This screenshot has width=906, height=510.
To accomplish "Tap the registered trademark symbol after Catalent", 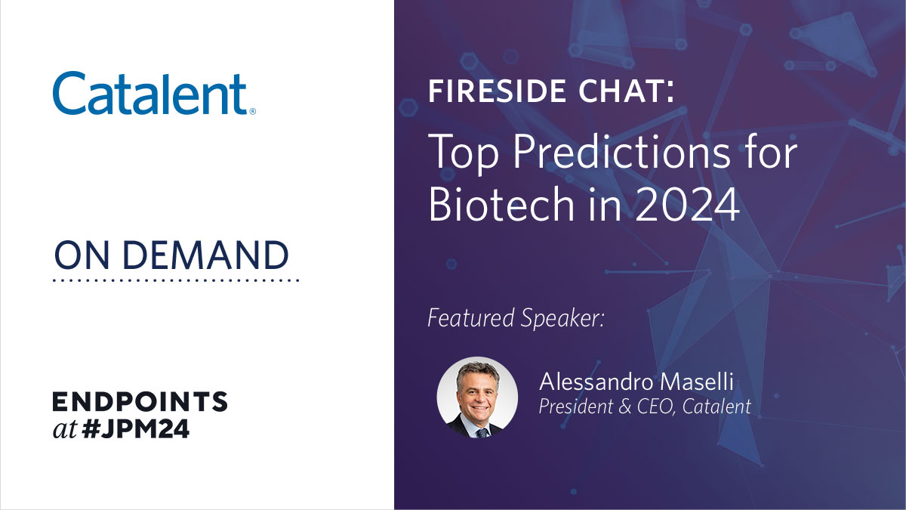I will click(252, 111).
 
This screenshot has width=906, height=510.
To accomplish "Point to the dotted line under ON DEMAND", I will click(177, 280).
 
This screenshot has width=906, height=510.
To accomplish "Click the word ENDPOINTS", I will click(140, 402).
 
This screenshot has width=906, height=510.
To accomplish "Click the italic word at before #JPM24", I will click(65, 430).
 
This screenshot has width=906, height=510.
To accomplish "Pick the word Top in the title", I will click(461, 154).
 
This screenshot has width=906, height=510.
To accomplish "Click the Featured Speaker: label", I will click(516, 318).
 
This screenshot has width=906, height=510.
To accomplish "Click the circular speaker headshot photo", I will click(477, 397).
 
